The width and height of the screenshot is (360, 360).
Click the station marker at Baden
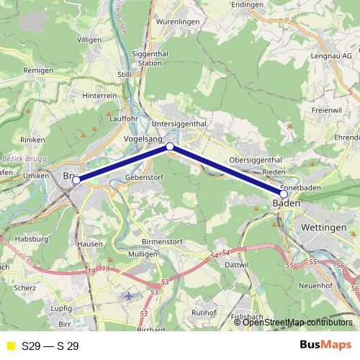(x=284, y=194)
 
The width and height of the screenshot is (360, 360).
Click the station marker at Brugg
(x=76, y=180)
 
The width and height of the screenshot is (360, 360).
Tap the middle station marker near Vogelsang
(x=170, y=146)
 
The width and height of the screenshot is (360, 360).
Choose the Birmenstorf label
(x=161, y=243)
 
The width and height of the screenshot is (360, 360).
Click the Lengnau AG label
(x=332, y=55)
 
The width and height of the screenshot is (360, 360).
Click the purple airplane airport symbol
(x=129, y=295)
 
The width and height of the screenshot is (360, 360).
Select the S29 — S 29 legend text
(x=50, y=346)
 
